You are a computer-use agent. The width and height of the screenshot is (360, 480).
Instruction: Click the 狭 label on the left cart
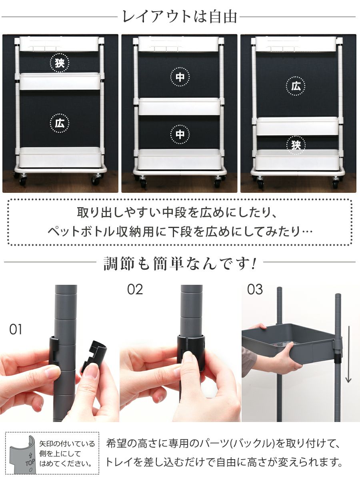click(x=60, y=63)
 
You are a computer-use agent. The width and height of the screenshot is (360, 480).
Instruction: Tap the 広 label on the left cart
click(x=60, y=123)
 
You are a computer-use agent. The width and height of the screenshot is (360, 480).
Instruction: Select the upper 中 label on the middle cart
click(x=180, y=76)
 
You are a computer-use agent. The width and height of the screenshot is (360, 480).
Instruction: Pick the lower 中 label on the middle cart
click(x=180, y=134)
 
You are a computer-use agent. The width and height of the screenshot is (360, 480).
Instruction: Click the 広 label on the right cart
click(x=296, y=86)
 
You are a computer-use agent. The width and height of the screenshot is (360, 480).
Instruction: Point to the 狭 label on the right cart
click(x=296, y=145)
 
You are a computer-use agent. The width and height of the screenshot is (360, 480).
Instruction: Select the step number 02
click(x=135, y=290)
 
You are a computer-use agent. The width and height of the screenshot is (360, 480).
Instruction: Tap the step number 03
click(x=255, y=290)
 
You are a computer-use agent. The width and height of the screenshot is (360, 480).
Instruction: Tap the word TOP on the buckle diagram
click(x=30, y=462)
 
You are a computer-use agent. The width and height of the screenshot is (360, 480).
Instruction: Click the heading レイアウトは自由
click(x=180, y=17)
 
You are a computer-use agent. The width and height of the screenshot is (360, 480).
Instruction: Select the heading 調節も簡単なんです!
click(x=180, y=263)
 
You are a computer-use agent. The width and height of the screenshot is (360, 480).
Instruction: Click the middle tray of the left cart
click(x=60, y=81)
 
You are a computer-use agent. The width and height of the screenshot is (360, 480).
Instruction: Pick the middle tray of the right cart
click(x=298, y=126)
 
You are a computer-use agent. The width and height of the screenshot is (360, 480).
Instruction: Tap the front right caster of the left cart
click(x=96, y=179)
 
